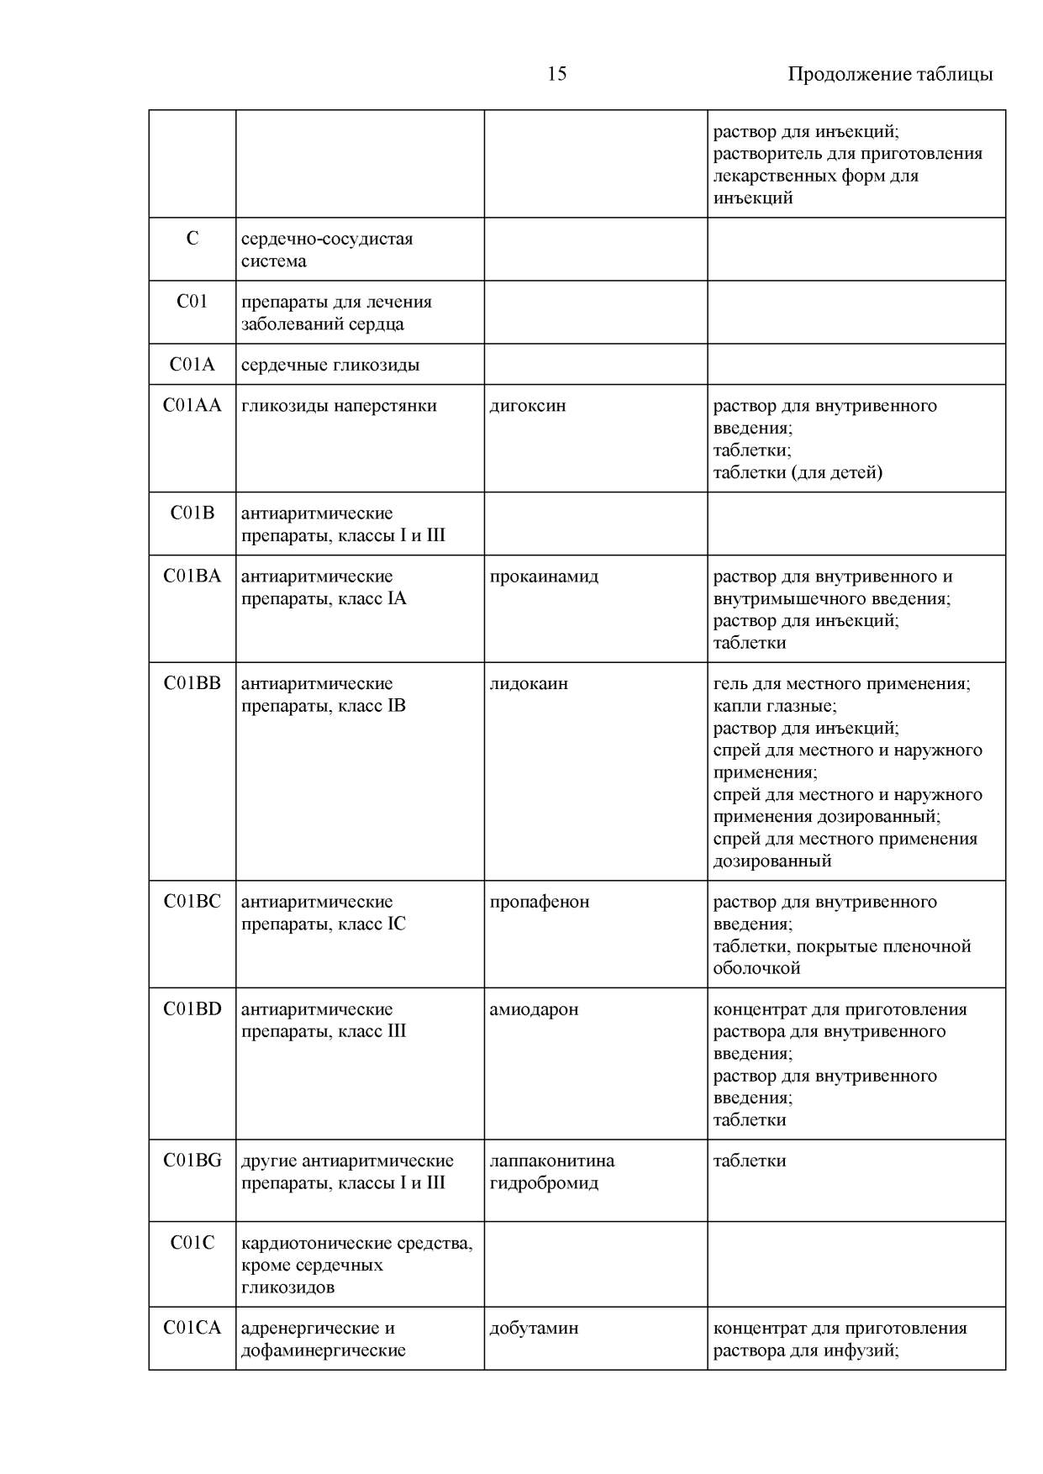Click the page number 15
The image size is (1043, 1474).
(556, 74)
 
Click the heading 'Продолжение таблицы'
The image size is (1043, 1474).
(890, 74)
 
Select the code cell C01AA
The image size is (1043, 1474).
(192, 406)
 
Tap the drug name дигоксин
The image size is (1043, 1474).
(528, 406)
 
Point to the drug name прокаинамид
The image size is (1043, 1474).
(544, 576)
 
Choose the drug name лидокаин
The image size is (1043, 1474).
(529, 684)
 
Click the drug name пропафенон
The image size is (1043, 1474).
(540, 902)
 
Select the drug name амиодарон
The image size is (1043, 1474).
(534, 1009)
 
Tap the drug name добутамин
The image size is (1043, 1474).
(534, 1328)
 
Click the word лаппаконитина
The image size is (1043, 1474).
(552, 1161)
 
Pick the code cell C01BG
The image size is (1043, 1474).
(192, 1161)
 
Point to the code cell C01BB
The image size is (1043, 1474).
(192, 684)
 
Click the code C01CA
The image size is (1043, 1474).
(192, 1328)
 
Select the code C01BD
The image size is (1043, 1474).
(192, 1009)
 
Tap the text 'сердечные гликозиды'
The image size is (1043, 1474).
(330, 365)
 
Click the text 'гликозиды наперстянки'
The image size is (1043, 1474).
(339, 406)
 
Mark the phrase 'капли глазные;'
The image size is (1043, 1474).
(775, 706)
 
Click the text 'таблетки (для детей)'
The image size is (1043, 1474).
(798, 472)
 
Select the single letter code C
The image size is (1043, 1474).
(192, 239)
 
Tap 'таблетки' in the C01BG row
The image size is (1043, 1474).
(750, 1161)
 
